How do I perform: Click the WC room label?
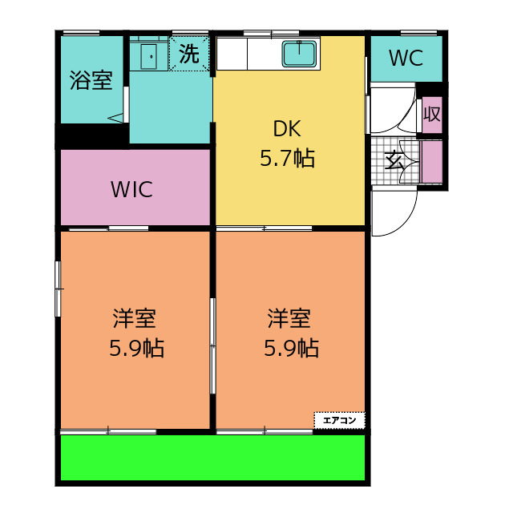406,58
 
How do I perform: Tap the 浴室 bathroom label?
91,80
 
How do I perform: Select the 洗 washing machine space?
189,54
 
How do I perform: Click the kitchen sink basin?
299,54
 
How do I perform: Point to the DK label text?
287,128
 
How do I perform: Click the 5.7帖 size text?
287,158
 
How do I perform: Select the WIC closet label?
131,189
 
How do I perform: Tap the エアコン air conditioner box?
339,420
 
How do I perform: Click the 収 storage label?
432,114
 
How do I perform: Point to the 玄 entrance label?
394,160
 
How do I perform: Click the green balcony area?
212,458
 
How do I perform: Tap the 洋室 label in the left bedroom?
134,318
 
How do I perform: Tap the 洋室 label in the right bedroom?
289,318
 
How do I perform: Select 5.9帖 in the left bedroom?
137,348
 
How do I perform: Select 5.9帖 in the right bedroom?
292,348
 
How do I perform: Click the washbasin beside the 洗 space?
149,56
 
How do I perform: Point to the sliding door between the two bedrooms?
212,345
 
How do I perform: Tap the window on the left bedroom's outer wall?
58,289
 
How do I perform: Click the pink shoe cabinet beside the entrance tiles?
432,162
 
